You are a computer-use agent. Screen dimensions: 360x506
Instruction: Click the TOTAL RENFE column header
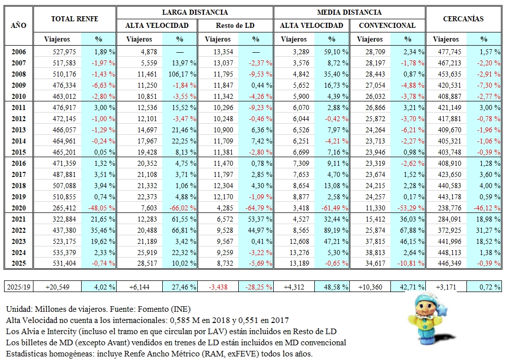click(75, 19)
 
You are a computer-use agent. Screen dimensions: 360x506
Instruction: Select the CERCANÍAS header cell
click(463, 19)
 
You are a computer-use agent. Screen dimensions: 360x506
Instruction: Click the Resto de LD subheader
click(235, 25)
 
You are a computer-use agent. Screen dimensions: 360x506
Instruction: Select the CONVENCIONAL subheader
click(387, 25)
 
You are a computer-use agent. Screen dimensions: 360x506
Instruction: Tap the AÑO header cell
click(18, 25)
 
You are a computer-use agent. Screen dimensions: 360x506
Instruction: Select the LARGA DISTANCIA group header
click(195, 12)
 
